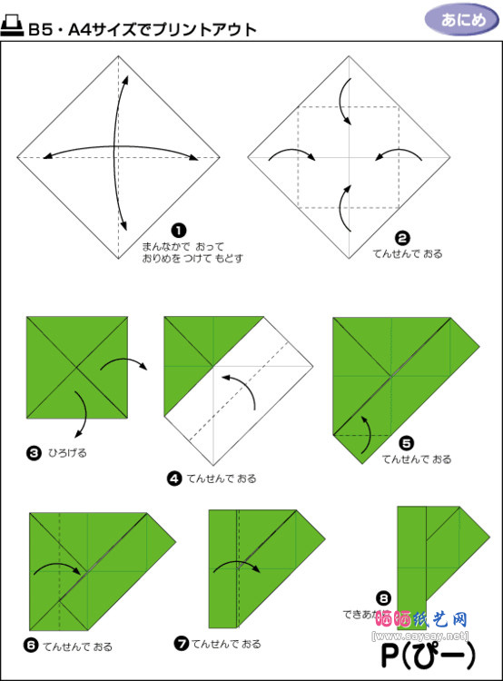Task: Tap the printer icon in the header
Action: (x=13, y=27)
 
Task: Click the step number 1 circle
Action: (x=180, y=230)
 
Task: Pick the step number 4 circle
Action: (x=173, y=477)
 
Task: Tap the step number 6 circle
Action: (x=33, y=646)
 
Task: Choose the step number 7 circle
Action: (x=182, y=643)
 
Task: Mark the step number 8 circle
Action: (x=384, y=597)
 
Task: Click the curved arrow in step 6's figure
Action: (x=59, y=568)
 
